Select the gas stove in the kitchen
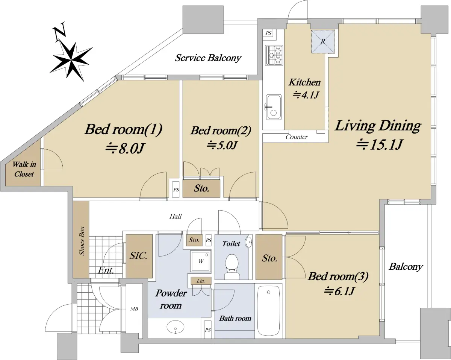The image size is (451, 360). pyautogui.click(x=274, y=55)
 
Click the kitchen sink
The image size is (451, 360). pyautogui.click(x=274, y=107)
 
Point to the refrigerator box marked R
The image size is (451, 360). pyautogui.click(x=323, y=41)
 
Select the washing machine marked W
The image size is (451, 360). pyautogui.click(x=201, y=261)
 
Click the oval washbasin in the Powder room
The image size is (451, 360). pyautogui.click(x=176, y=327)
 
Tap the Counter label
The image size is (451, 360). pyautogui.click(x=297, y=137)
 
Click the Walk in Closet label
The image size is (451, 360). pyautogui.click(x=24, y=169)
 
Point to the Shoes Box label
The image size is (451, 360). pyautogui.click(x=82, y=241)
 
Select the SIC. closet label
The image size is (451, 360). pyautogui.click(x=138, y=255)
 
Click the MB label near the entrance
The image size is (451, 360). pyautogui.click(x=134, y=309)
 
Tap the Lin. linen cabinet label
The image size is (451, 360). pyautogui.click(x=201, y=281)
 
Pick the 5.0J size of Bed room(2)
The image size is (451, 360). pyautogui.click(x=222, y=145)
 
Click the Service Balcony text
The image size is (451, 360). pyautogui.click(x=208, y=58)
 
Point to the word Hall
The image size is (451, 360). pyautogui.click(x=176, y=216)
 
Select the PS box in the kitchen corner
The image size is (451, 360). pyautogui.click(x=268, y=33)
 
